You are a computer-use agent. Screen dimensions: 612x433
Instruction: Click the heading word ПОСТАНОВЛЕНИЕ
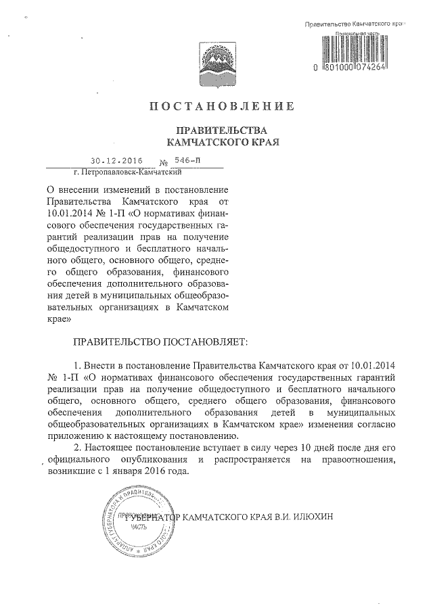[x=221, y=106]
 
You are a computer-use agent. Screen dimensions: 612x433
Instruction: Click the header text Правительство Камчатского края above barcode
[x=355, y=24]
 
